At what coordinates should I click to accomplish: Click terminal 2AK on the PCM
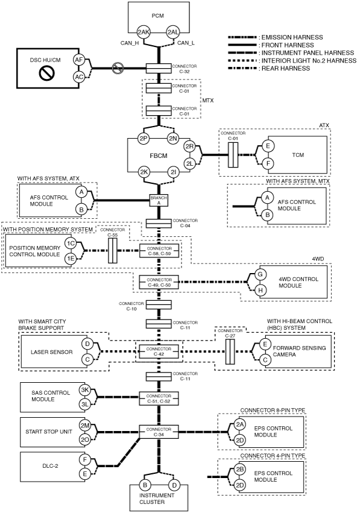(144, 32)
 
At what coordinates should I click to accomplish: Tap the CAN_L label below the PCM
(186, 43)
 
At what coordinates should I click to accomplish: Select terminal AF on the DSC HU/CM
(79, 60)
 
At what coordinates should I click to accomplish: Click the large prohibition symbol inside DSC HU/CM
(44, 74)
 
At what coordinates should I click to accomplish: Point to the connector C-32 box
(159, 68)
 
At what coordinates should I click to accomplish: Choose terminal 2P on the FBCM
(144, 139)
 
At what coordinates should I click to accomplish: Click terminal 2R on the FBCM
(190, 146)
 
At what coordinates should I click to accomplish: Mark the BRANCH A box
(159, 201)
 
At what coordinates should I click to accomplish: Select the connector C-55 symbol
(113, 251)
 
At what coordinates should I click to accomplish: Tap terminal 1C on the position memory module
(71, 243)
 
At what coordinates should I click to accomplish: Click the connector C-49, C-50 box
(159, 282)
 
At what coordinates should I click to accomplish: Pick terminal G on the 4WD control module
(261, 274)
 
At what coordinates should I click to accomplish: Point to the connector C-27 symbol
(230, 351)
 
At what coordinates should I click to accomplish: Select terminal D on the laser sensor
(87, 344)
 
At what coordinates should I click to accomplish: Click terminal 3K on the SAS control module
(85, 390)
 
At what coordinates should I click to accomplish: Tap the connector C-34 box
(159, 432)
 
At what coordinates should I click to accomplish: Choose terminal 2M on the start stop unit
(85, 426)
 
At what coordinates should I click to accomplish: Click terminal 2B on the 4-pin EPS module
(240, 469)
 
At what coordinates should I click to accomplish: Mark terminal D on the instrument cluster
(174, 485)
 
